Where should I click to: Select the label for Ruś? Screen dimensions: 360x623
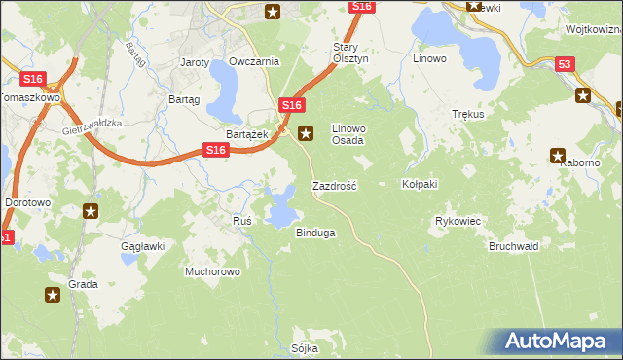click(242, 221)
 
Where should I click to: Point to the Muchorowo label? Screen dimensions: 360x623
click(212, 271)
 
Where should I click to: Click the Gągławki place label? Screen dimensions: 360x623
click(143, 246)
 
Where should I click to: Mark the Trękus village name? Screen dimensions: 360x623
click(468, 114)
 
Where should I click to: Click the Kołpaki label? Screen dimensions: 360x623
click(421, 183)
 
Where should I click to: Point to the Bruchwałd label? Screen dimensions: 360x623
click(514, 246)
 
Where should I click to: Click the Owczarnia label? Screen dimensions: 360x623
click(254, 61)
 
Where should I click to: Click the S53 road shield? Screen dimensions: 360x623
click(565, 64)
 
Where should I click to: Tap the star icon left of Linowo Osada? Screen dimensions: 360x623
click(306, 133)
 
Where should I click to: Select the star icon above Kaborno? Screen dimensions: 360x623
click(559, 155)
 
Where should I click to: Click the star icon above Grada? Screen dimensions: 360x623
click(54, 296)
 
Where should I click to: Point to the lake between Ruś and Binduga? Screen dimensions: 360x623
click(281, 206)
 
